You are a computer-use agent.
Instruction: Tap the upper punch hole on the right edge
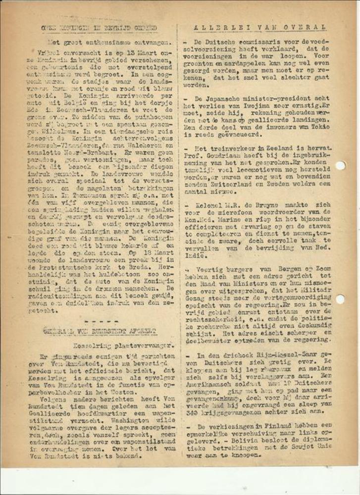tap(340, 165)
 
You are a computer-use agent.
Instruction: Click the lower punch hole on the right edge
tap(340, 298)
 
